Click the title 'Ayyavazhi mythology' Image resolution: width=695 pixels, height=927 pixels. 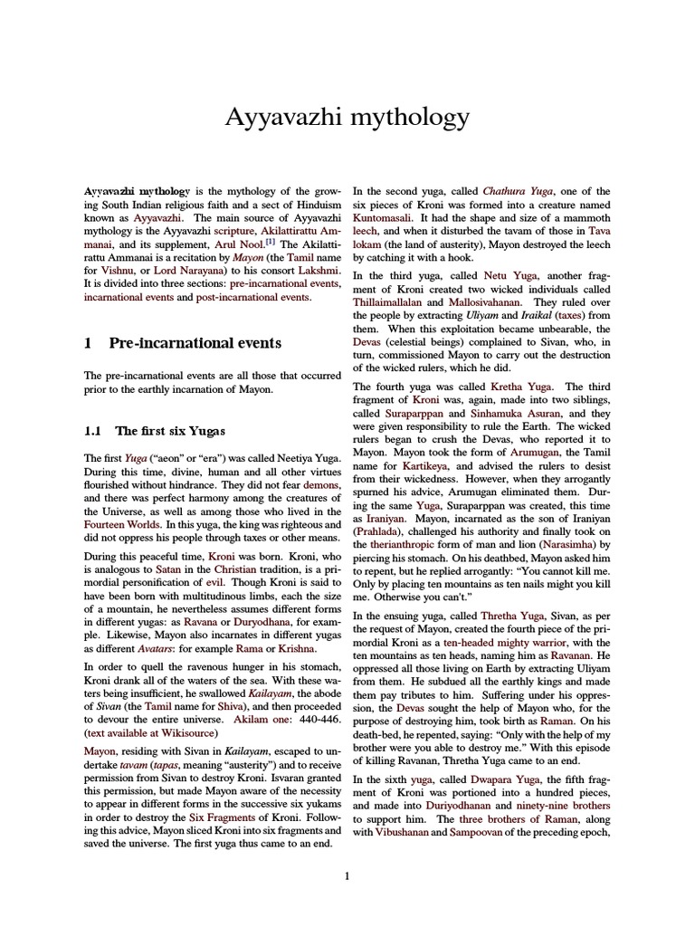(347, 118)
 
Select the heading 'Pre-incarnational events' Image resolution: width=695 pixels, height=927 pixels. (195, 343)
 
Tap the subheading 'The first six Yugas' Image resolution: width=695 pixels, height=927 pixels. (168, 431)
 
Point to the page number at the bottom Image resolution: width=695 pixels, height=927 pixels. (347, 875)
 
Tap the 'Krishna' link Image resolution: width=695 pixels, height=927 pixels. (296, 648)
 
